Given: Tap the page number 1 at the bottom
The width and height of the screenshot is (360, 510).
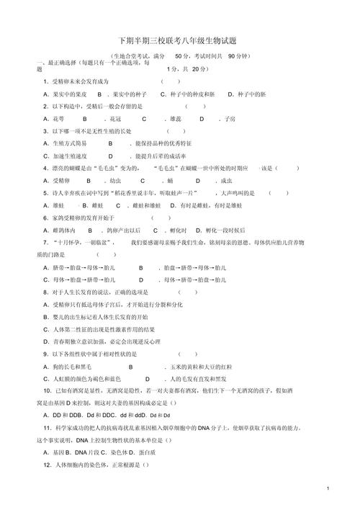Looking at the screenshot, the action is tap(327, 489).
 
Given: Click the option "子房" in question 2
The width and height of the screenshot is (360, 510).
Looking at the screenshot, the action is tap(229, 119).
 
